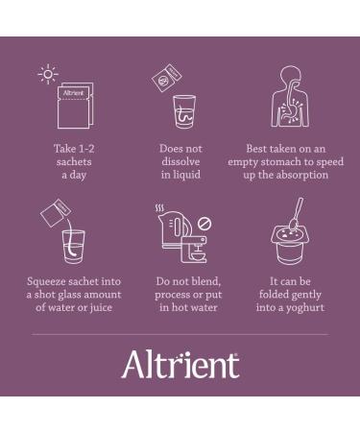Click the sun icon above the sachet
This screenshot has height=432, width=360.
[x=48, y=74]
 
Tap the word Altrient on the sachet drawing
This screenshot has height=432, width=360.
[x=73, y=93]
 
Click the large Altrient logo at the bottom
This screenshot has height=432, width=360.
[x=180, y=365]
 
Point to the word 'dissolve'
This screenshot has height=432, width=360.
[x=180, y=161]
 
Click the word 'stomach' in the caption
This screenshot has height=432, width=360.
[x=280, y=161]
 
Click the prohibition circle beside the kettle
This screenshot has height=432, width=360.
[x=204, y=224]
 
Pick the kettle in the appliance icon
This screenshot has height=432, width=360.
[x=175, y=228]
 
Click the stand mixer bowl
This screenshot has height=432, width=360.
[x=199, y=255]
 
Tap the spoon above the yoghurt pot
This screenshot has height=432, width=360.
[x=296, y=213]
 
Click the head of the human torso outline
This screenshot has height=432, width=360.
[x=291, y=76]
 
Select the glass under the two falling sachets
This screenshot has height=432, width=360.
[x=184, y=111]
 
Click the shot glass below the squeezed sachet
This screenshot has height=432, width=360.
[x=74, y=247]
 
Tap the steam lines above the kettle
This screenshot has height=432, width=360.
[x=159, y=208]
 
